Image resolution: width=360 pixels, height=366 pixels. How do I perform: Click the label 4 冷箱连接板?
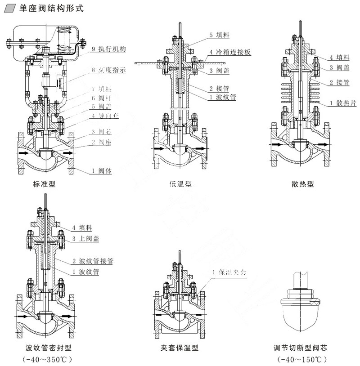click(x=229, y=52)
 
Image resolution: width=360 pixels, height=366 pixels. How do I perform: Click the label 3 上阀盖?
click(x=88, y=238)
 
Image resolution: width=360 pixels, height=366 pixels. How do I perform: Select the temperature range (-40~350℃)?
click(x=47, y=359)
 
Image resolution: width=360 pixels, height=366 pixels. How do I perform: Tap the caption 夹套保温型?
click(x=179, y=348)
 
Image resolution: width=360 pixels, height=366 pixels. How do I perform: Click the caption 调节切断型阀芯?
click(x=303, y=348)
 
